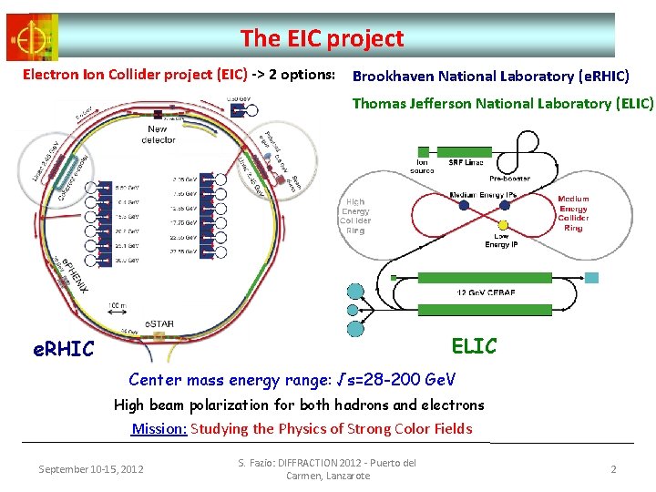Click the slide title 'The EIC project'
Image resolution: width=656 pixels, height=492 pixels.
pyautogui.click(x=322, y=38)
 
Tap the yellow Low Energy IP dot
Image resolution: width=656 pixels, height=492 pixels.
pyautogui.click(x=503, y=224)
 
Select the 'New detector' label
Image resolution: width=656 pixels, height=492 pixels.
pyautogui.click(x=159, y=135)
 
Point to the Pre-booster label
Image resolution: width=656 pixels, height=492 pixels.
pyautogui.click(x=510, y=179)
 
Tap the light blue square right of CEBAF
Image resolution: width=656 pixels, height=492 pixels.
pyautogui.click(x=592, y=276)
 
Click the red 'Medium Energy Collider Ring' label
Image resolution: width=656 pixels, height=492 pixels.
pyautogui.click(x=573, y=213)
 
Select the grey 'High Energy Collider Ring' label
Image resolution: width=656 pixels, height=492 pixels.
pyautogui.click(x=355, y=217)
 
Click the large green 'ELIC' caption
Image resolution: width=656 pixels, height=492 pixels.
pyautogui.click(x=474, y=346)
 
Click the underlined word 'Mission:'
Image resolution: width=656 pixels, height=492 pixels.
pyautogui.click(x=159, y=428)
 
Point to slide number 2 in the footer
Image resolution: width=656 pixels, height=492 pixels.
pyautogui.click(x=613, y=468)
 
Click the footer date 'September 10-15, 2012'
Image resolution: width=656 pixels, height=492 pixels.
pyautogui.click(x=91, y=469)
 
